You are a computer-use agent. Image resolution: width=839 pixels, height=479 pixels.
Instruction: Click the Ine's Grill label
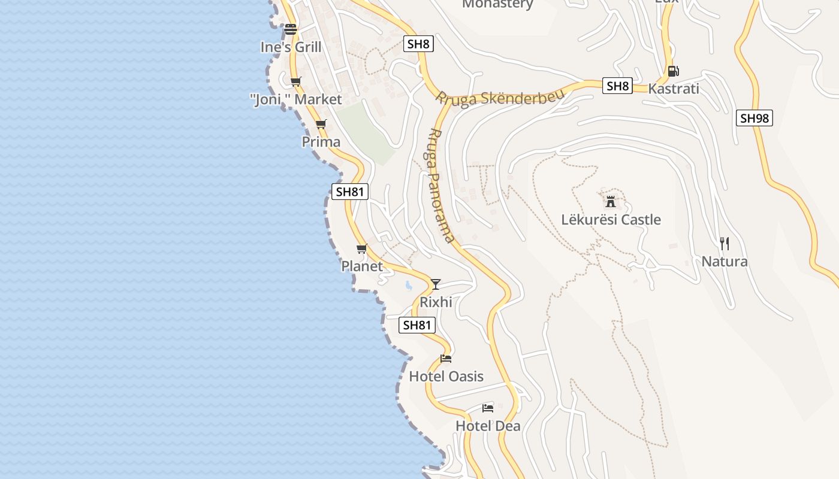(291, 47)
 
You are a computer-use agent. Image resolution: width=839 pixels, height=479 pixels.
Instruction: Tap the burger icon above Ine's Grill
(291, 29)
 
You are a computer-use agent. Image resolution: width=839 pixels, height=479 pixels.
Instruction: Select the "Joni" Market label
(295, 99)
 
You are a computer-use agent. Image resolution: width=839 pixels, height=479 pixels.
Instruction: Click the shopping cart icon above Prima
(321, 125)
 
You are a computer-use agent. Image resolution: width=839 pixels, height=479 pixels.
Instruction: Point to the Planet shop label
(362, 266)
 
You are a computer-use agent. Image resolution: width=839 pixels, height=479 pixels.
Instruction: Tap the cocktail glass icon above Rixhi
(436, 284)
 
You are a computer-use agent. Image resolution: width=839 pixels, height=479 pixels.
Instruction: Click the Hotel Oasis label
(446, 376)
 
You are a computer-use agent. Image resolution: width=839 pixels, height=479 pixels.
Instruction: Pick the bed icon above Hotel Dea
(488, 408)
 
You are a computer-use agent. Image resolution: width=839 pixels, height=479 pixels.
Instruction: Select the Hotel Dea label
(488, 426)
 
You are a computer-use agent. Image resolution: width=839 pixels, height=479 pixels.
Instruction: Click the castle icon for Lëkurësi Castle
(611, 201)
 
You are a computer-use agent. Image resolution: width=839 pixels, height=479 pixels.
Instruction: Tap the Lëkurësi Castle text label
(611, 220)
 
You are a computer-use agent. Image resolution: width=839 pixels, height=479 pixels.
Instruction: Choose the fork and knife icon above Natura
(725, 243)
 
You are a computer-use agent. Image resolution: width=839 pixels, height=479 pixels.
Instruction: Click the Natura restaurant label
(725, 262)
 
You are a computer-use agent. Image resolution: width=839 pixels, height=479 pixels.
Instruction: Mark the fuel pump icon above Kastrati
(674, 71)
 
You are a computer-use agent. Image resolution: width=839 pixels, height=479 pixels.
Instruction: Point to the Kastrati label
(674, 89)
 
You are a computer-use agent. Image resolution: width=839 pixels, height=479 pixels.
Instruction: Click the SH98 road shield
(754, 118)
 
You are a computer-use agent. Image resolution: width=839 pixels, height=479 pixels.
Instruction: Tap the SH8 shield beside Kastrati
(618, 86)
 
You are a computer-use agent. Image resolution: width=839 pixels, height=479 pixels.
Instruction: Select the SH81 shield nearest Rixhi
(417, 325)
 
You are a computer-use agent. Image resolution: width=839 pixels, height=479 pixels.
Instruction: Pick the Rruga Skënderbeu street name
(500, 98)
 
